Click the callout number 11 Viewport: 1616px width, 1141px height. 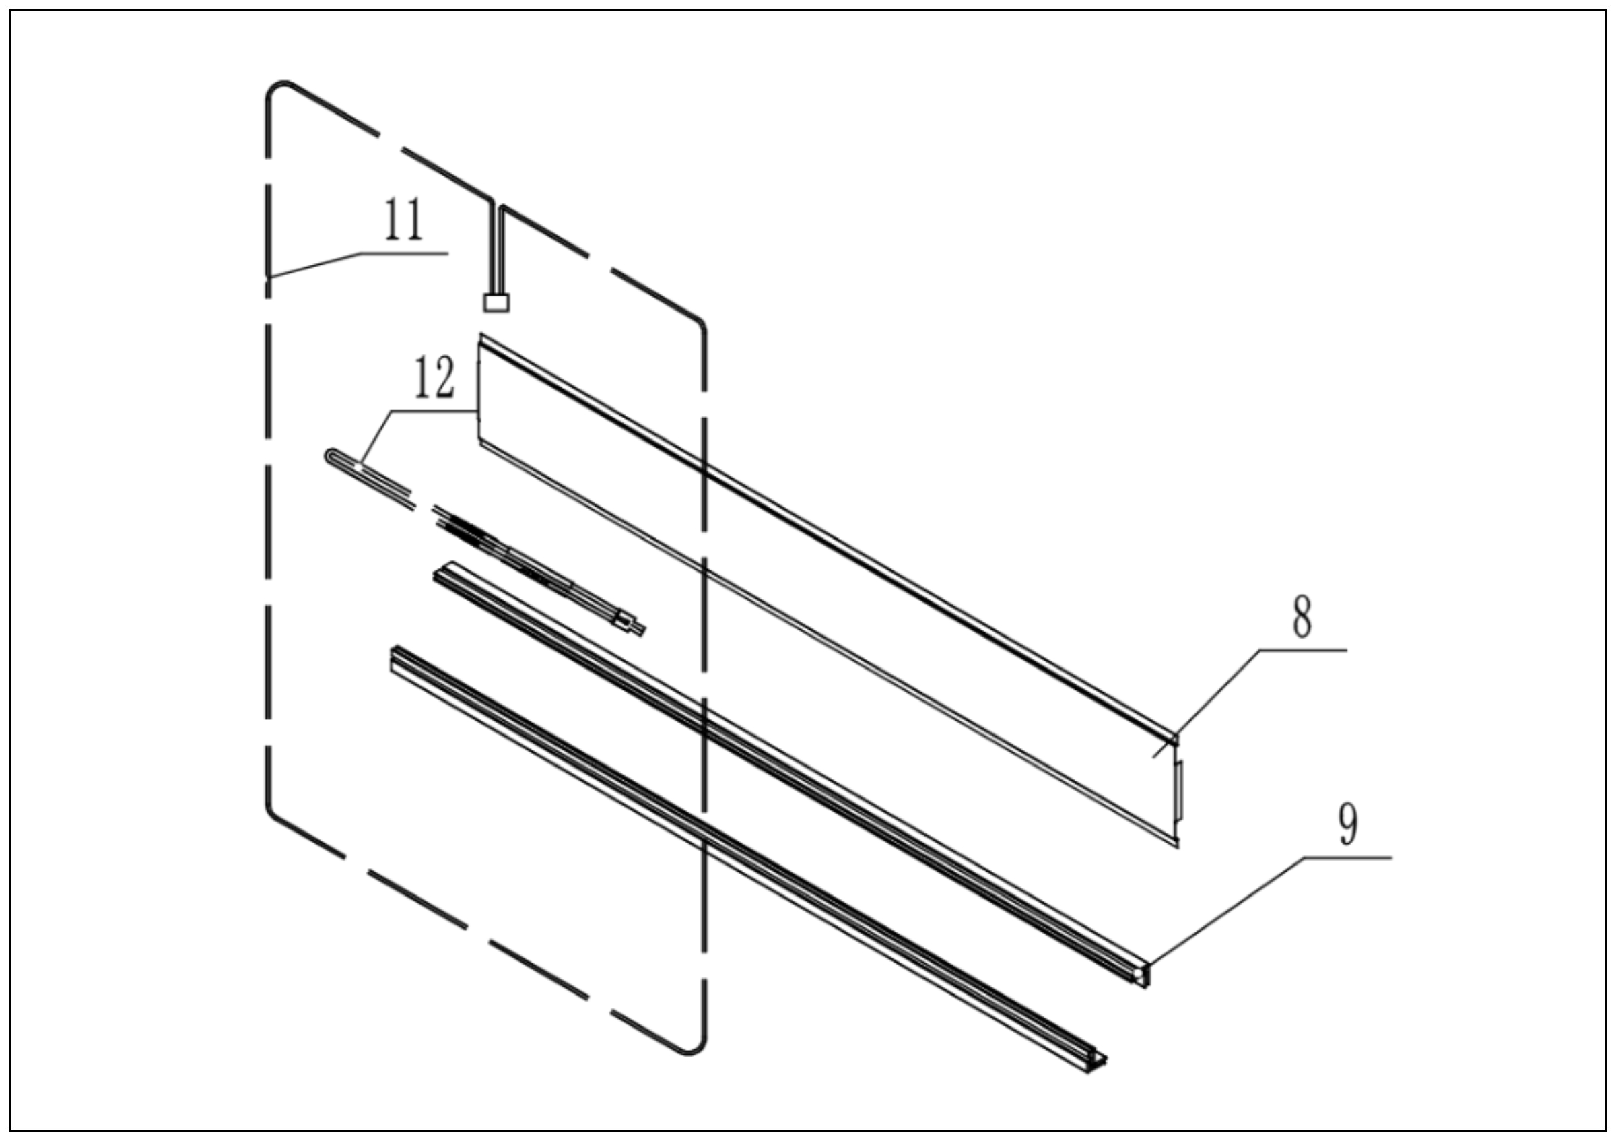tap(403, 220)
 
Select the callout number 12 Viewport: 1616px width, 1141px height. tap(434, 377)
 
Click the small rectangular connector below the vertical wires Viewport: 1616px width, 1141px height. tap(496, 303)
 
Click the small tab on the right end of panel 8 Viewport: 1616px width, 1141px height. tap(1180, 790)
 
